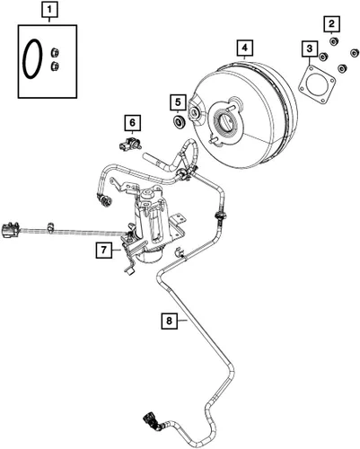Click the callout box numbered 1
coord(49,10)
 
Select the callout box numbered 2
coord(331,23)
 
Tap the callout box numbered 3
coord(310,48)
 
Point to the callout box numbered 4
coord(245,48)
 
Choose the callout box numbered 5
coord(178,102)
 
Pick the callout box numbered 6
coord(132,122)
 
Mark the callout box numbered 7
coord(104,250)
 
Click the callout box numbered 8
coord(169,321)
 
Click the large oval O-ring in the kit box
coord(25,59)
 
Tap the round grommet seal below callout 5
coord(180,122)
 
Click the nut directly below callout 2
coord(334,41)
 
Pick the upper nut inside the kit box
coord(55,52)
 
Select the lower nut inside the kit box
coord(55,66)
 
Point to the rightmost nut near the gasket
coord(355,52)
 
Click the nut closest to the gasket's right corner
coord(342,68)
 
